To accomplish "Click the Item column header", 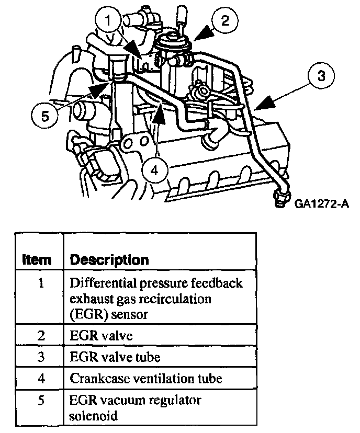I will (x=38, y=259).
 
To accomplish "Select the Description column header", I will (x=109, y=259).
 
